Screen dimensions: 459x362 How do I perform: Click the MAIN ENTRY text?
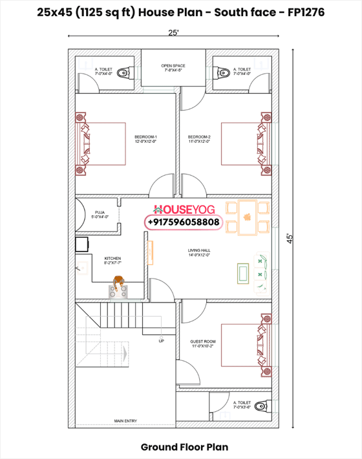pyautogui.click(x=125, y=421)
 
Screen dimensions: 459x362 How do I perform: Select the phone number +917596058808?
pyautogui.click(x=184, y=222)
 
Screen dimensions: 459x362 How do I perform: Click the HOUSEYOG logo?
pyautogui.click(x=183, y=209)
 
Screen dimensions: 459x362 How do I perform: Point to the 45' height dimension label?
pyautogui.click(x=292, y=238)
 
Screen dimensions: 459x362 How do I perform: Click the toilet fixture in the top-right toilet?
pyautogui.click(x=220, y=70)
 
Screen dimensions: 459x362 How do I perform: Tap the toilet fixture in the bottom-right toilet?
pyautogui.click(x=261, y=407)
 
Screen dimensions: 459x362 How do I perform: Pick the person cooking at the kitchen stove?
pyautogui.click(x=119, y=283)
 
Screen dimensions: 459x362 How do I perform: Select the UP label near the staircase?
pyautogui.click(x=161, y=341)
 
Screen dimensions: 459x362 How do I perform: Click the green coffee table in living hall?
pyautogui.click(x=243, y=273)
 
